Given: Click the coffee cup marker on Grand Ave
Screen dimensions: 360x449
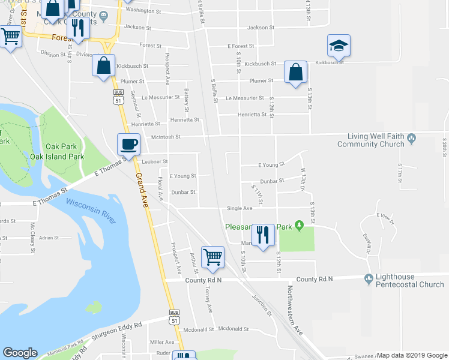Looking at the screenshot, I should [x=128, y=145].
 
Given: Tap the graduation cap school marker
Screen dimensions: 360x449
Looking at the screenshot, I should [x=339, y=46].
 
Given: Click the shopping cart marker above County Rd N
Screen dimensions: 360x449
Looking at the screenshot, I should [x=212, y=257].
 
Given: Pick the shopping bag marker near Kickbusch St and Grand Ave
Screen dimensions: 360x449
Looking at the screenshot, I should [x=104, y=65].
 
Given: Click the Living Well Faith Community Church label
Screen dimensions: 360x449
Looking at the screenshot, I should [x=370, y=140].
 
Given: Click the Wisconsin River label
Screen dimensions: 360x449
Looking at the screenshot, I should [x=91, y=211].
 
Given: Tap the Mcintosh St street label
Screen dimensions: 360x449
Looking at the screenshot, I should [x=166, y=137].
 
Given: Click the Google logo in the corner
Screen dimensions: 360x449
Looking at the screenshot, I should [x=20, y=353].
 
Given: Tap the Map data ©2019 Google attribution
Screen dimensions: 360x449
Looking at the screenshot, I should [x=412, y=355].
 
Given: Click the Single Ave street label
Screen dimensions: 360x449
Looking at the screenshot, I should [x=240, y=208].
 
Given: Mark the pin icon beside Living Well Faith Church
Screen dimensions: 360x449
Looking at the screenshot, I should [x=411, y=139].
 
